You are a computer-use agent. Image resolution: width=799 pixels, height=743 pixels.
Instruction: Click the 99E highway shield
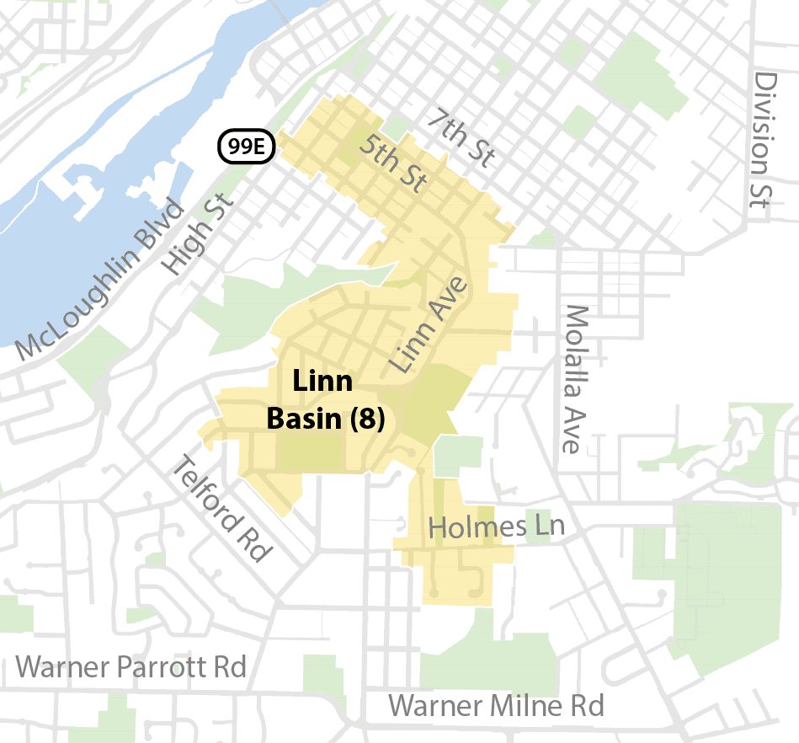tap(247, 147)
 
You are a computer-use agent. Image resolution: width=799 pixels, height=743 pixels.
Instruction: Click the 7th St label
tap(459, 138)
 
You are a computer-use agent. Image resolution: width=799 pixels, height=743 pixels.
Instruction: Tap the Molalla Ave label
tap(574, 379)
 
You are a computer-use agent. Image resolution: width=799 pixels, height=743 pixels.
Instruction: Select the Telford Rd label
tap(222, 508)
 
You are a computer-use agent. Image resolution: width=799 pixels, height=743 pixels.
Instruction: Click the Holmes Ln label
tap(495, 528)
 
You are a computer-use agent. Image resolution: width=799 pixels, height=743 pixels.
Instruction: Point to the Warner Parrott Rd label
tap(131, 668)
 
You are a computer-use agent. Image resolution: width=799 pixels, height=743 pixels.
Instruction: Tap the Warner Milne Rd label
tap(497, 705)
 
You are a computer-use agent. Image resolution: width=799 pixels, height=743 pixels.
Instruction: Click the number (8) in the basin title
tap(367, 419)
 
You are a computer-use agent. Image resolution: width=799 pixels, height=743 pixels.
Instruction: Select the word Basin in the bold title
tap(305, 419)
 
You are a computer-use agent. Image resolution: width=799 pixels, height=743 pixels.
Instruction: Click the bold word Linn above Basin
tap(322, 382)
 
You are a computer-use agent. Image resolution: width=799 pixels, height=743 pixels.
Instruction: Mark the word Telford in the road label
tap(205, 489)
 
